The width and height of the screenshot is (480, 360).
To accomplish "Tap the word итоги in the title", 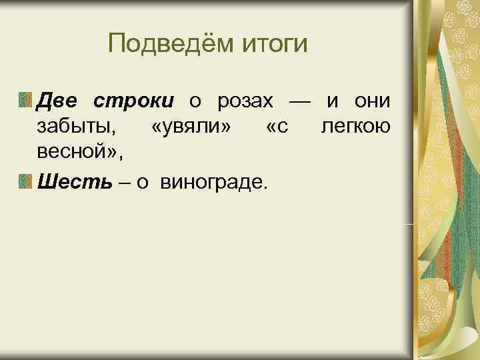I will coord(274,46).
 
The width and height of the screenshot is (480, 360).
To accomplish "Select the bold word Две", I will coord(59,101).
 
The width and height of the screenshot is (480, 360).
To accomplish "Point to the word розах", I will coord(246,101).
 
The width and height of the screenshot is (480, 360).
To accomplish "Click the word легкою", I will coord(356,127).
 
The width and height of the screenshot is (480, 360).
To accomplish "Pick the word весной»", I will coord(80,153).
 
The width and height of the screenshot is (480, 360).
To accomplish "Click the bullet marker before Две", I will coord(25,101).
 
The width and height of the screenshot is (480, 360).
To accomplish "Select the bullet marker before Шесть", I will coord(25,180).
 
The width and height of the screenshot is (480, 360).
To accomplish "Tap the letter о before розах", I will coord(195,102).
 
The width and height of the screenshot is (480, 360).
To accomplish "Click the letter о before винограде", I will coord(141,181).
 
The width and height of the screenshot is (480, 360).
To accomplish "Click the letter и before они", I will coord(331,102).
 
